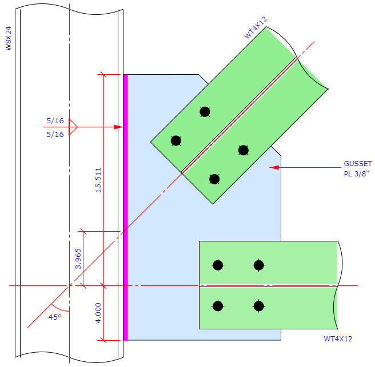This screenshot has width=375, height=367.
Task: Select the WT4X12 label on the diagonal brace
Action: click(256, 27)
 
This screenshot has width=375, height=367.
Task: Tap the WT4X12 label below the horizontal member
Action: click(338, 339)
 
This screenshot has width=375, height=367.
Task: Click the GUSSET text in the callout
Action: click(358, 163)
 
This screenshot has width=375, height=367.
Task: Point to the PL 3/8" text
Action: click(357, 174)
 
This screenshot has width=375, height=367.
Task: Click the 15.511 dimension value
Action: click(97, 180)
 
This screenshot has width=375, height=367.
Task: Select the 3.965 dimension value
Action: click(78, 258)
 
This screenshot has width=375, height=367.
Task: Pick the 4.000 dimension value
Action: click(97, 313)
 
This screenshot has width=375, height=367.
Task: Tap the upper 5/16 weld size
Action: click(55, 120)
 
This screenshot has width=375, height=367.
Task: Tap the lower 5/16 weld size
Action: click(55, 134)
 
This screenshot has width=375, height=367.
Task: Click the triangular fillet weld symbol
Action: click(73, 127)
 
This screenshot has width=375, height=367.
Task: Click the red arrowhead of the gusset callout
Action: click(274, 167)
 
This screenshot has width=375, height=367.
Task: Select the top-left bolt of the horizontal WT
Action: click(217, 265)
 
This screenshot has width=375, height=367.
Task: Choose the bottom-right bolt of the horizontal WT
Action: click(259, 306)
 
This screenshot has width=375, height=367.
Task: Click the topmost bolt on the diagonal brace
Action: click(205, 112)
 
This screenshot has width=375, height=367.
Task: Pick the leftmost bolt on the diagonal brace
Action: click(176, 140)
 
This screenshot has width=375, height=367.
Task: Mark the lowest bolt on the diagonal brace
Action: click(214, 179)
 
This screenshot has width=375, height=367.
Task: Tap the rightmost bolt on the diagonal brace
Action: click(244, 150)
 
